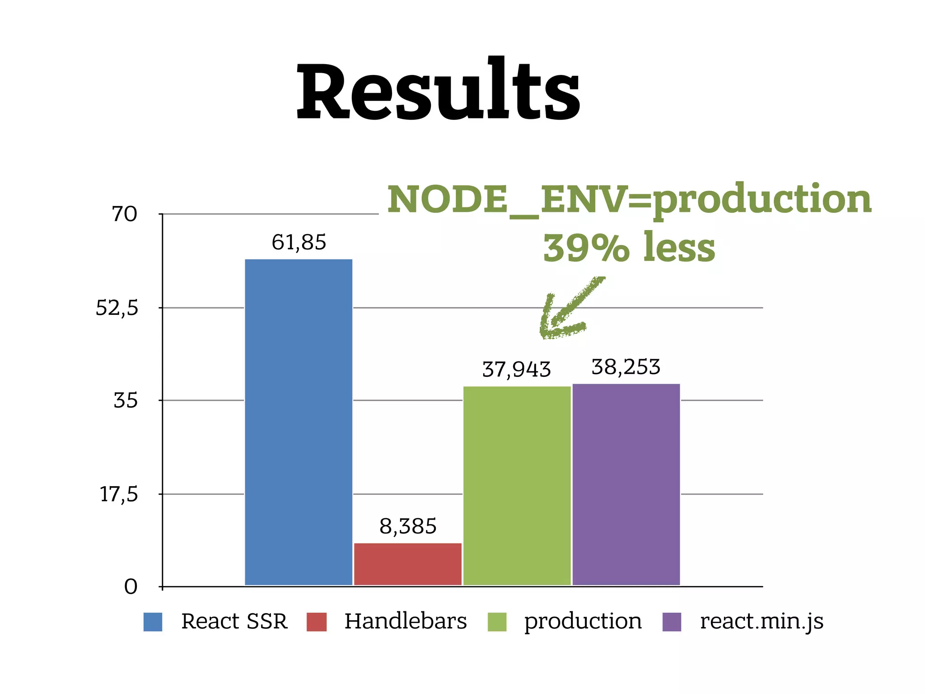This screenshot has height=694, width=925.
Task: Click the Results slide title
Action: (438, 90)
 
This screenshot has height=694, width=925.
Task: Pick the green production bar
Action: (517, 485)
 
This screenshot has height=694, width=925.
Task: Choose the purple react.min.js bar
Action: (626, 484)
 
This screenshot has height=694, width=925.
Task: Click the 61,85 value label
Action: (299, 243)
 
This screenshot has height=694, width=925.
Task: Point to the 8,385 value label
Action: (408, 526)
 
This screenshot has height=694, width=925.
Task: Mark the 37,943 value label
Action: (517, 370)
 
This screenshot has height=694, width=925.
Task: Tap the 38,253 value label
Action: (626, 367)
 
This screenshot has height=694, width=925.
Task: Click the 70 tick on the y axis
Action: (124, 214)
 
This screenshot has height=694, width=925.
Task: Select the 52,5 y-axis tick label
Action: (117, 309)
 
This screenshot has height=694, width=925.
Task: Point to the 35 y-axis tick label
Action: (125, 401)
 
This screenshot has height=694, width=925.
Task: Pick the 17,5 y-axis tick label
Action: (118, 495)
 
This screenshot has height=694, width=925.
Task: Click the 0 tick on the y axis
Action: (131, 587)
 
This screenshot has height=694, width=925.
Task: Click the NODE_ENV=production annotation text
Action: (629, 200)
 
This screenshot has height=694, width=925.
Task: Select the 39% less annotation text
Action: (629, 248)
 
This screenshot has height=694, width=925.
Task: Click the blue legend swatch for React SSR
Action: (153, 622)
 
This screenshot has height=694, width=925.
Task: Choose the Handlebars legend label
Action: (405, 621)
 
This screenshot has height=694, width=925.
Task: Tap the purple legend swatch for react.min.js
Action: (672, 622)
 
